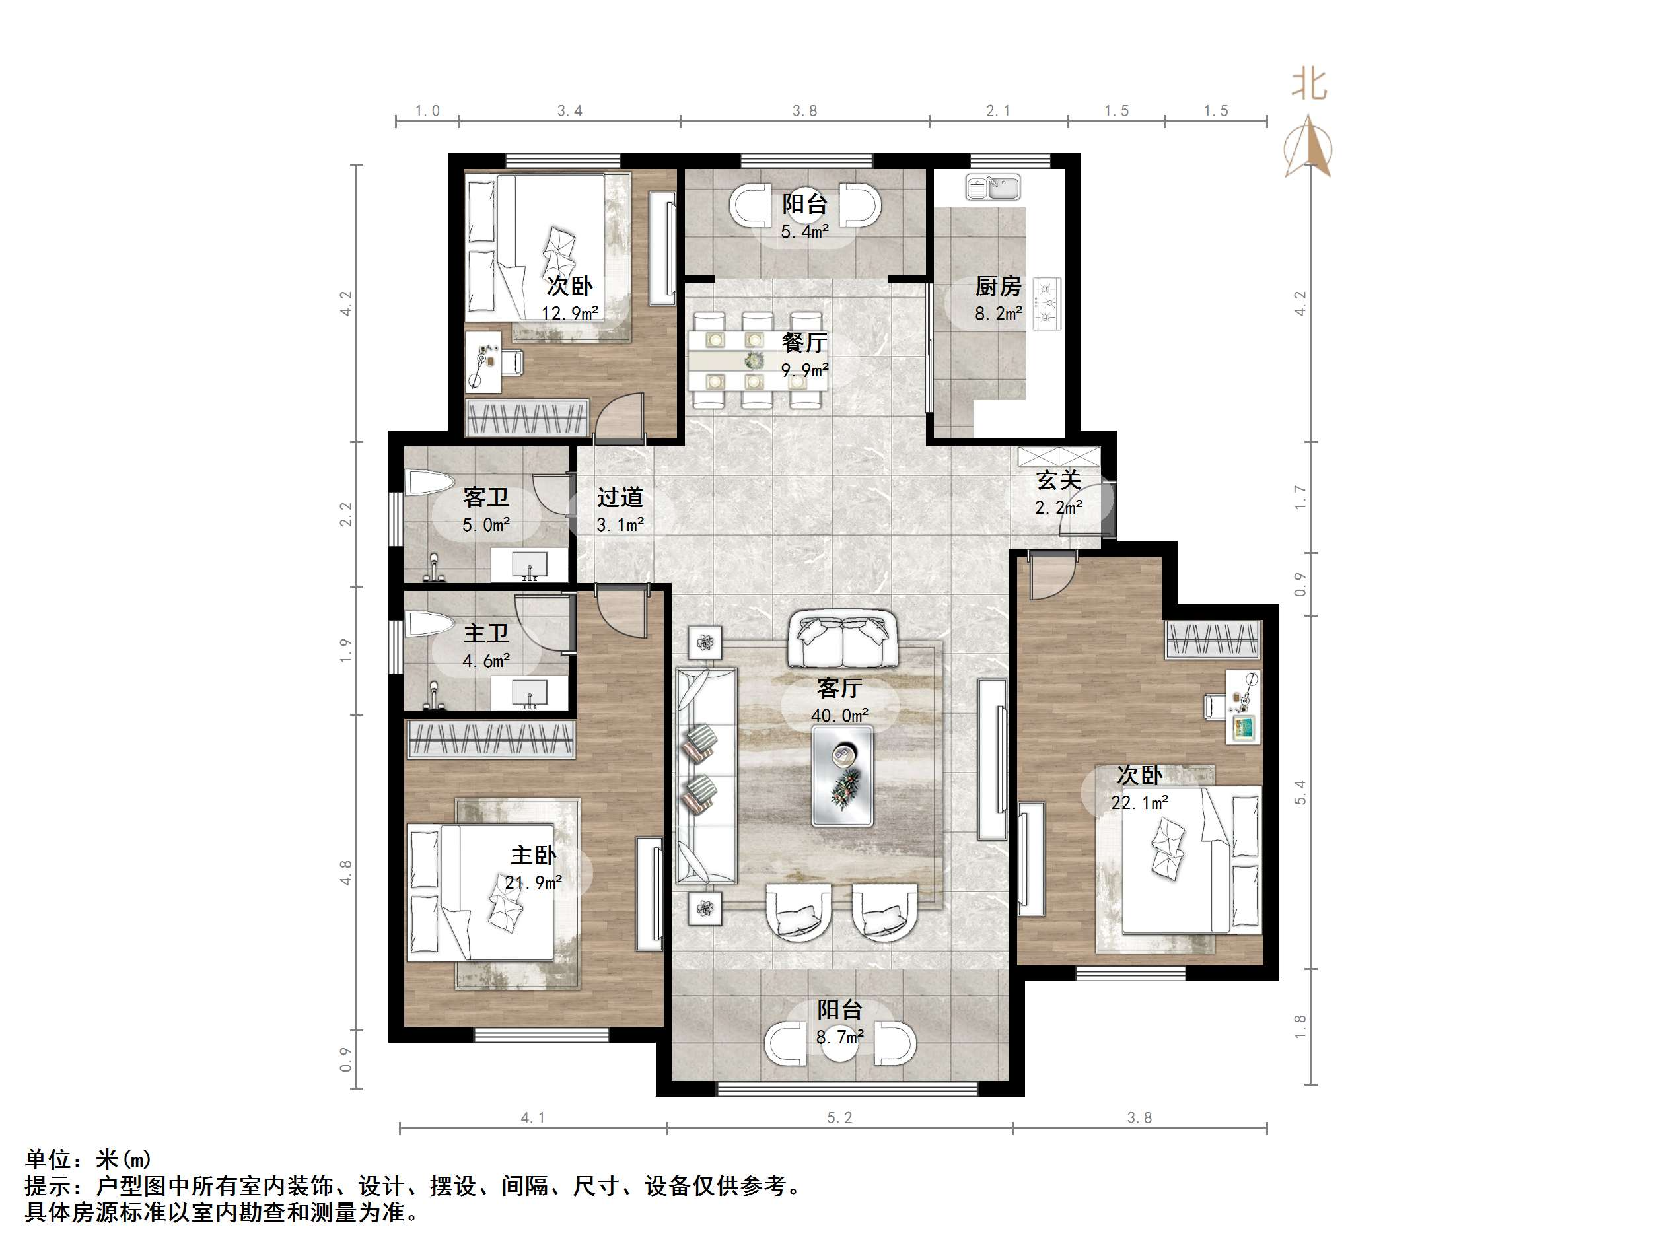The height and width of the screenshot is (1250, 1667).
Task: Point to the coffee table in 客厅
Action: [x=843, y=775]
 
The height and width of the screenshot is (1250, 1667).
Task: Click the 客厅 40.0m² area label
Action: [x=839, y=700]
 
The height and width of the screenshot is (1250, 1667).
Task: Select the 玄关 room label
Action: [x=1059, y=480]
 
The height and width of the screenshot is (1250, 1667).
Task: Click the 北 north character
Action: [x=1309, y=85]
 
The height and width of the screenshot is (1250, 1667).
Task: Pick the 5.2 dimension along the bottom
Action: [x=839, y=1118]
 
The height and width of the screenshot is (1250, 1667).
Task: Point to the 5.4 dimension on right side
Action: [x=1300, y=792]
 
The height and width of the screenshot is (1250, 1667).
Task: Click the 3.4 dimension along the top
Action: [x=570, y=111]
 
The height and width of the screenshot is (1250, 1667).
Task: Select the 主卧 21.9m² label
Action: [x=533, y=867]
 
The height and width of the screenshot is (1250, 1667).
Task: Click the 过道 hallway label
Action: [x=620, y=497]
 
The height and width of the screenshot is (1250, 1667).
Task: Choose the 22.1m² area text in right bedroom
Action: [x=1139, y=803]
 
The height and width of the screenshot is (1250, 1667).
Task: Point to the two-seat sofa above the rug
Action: [x=843, y=641]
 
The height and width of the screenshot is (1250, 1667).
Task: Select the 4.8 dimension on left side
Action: [x=346, y=872]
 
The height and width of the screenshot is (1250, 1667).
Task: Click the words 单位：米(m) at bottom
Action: [x=89, y=1159]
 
